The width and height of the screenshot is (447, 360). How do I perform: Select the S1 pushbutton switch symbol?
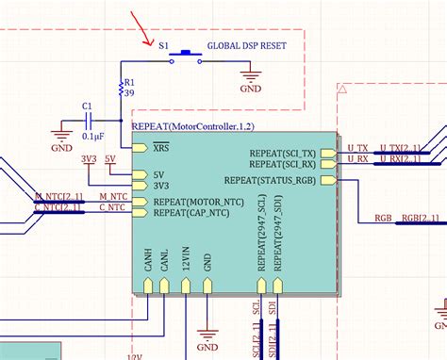[x=186, y=55]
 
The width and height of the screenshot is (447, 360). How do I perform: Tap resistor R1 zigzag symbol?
[x=122, y=89]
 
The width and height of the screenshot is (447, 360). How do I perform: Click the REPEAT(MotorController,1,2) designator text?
[x=192, y=125]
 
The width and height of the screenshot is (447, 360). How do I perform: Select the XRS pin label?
[x=162, y=149]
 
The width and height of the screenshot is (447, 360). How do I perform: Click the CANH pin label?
[x=148, y=259]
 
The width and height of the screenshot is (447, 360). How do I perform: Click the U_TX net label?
[x=356, y=147]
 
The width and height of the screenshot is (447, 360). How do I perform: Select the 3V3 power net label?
[x=89, y=158]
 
